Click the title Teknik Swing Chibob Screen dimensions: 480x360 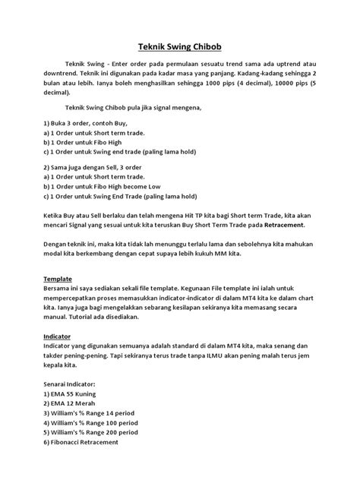click(179, 45)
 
